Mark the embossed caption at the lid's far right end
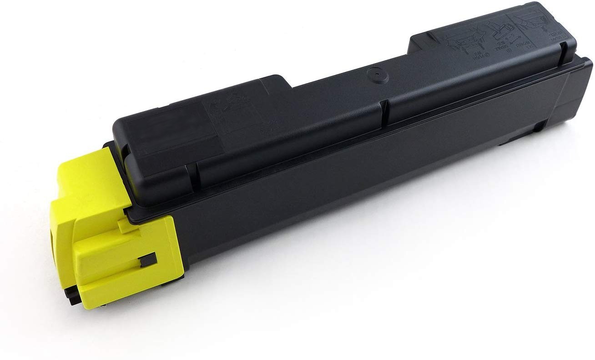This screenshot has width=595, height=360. pos(555,36)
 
